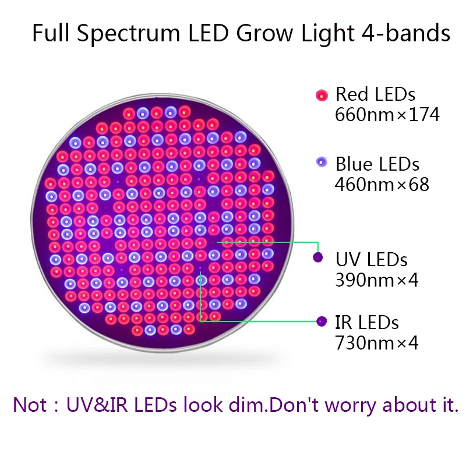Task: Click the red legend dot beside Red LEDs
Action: tap(322, 96)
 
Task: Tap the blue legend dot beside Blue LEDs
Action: tap(322, 163)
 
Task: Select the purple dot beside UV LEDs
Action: tap(318, 257)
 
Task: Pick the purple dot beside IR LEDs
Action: tap(322, 322)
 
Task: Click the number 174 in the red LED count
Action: tap(424, 114)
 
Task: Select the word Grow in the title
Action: tap(264, 33)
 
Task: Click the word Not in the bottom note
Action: tap(30, 404)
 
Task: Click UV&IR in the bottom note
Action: tap(97, 404)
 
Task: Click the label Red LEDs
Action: tap(375, 94)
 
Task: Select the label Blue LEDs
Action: tap(377, 164)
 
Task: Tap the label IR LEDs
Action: tap(367, 323)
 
